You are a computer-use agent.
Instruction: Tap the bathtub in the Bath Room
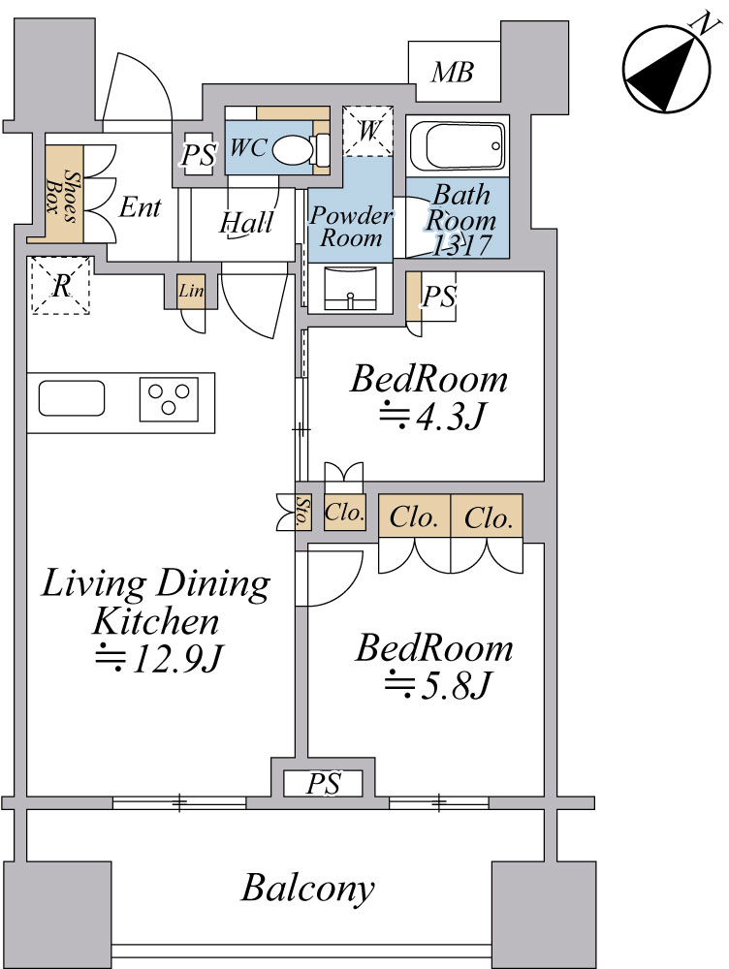pyautogui.click(x=457, y=145)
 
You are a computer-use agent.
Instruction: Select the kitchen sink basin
pyautogui.click(x=72, y=398)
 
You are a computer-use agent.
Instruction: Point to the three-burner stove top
pyautogui.click(x=169, y=399)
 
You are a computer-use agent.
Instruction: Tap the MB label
pyautogui.click(x=453, y=73)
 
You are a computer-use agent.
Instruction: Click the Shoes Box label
pyautogui.click(x=62, y=197)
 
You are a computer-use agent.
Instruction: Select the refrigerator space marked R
pyautogui.click(x=61, y=286)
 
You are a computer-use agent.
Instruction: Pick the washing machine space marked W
pyautogui.click(x=368, y=131)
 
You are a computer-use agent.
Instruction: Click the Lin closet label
pyautogui.click(x=190, y=290)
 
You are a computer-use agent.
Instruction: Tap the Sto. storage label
pyautogui.click(x=302, y=511)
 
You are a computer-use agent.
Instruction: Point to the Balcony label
pyautogui.click(x=308, y=888)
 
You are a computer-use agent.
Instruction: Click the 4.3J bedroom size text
pyautogui.click(x=432, y=417)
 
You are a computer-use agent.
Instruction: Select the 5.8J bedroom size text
pyautogui.click(x=438, y=685)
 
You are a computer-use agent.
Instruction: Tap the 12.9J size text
pyautogui.click(x=158, y=658)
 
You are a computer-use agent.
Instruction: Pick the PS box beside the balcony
pyautogui.click(x=323, y=784)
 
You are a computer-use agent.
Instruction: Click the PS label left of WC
pyautogui.click(x=199, y=155)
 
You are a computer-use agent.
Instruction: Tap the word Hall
pyautogui.click(x=246, y=223)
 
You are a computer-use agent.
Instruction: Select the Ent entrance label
pyautogui.click(x=141, y=207)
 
